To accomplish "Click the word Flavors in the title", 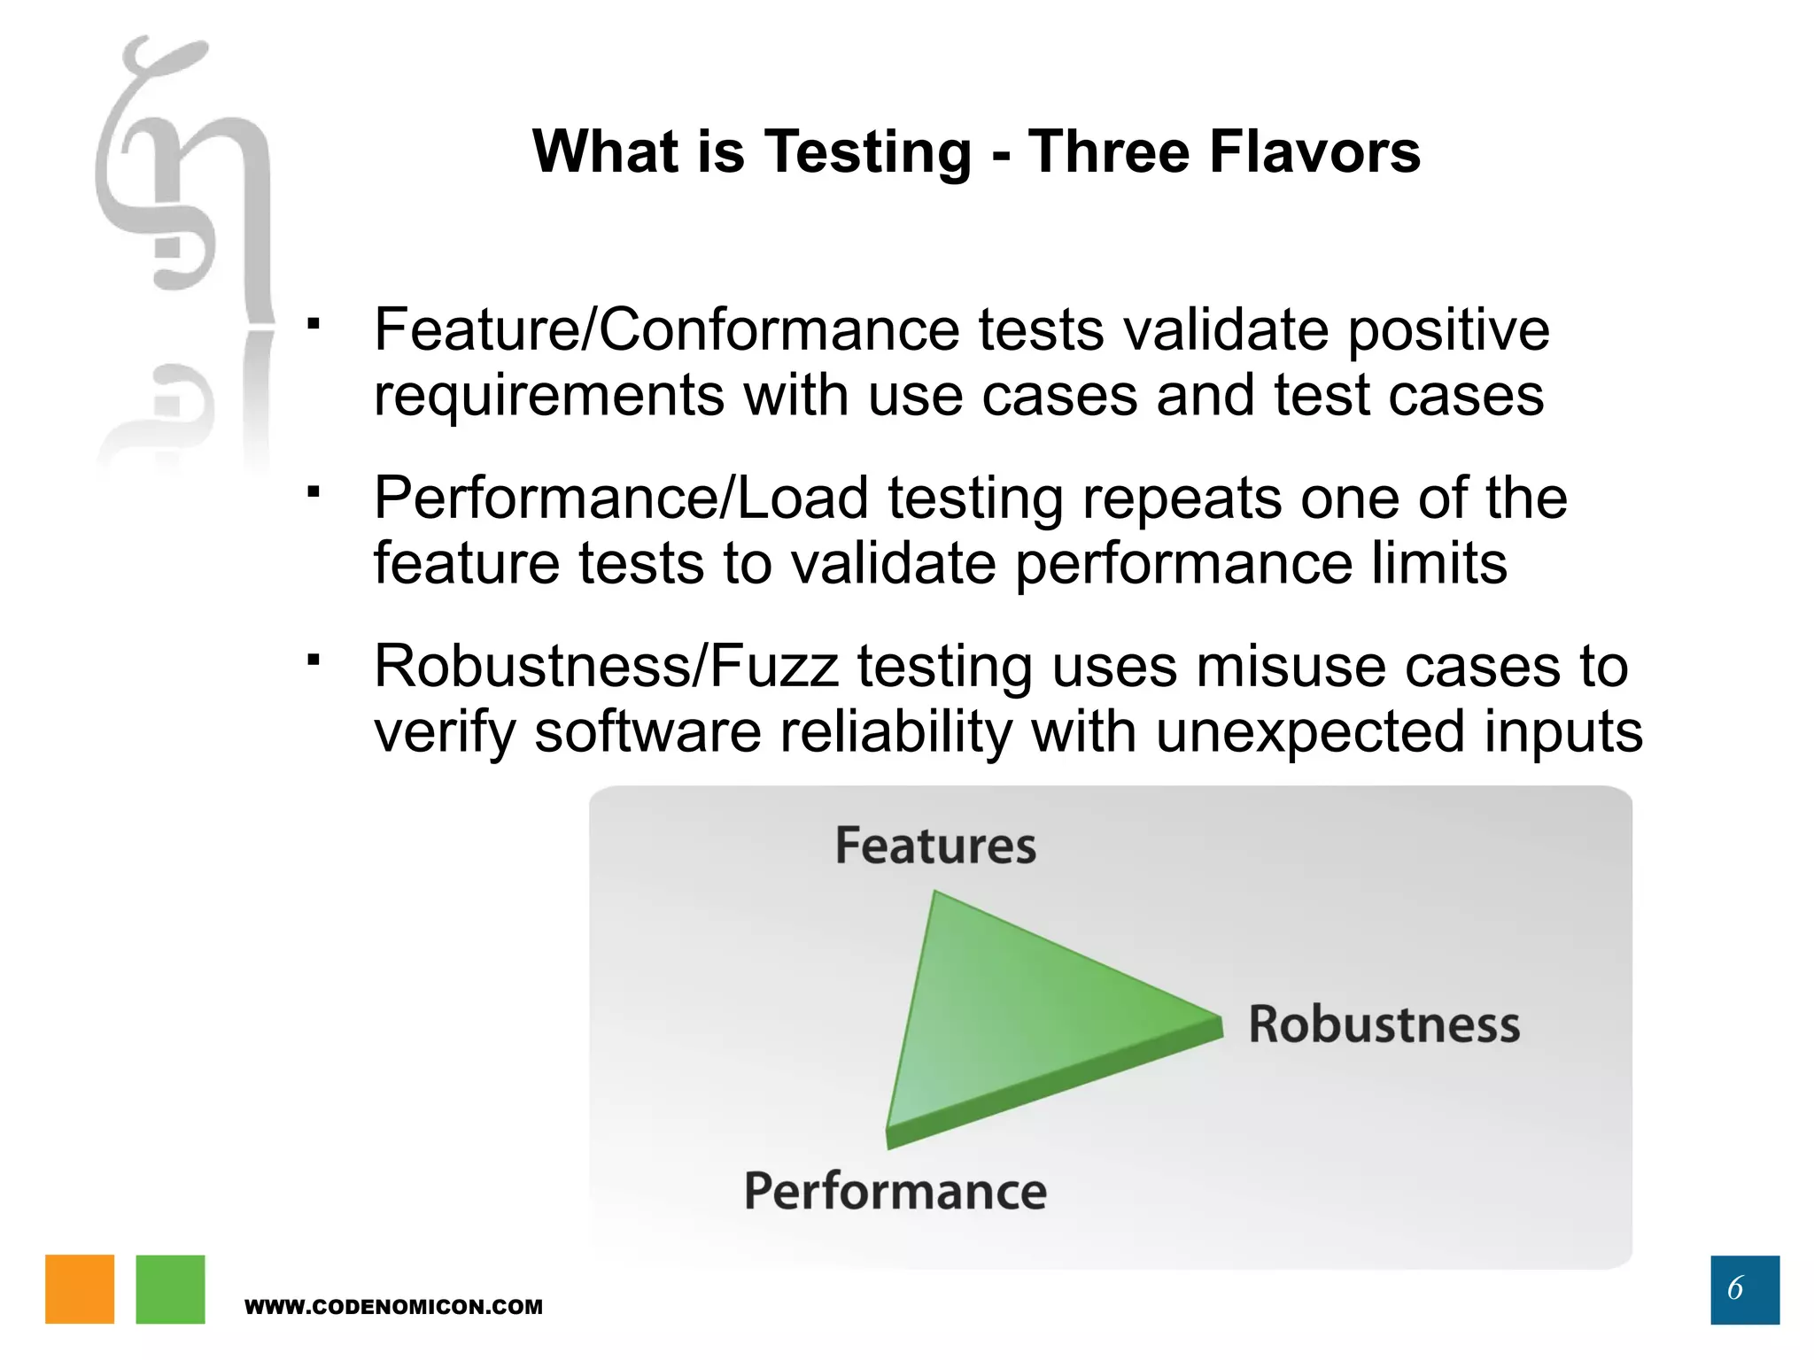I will pos(1314,151).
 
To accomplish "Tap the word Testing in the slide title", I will pos(868,153).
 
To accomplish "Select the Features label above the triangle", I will pos(935,846).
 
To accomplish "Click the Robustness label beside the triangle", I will pos(1384,1024).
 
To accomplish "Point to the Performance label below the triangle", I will pos(895,1191).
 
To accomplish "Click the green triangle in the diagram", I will pos(1019,1018).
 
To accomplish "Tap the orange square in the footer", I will pos(80,1289).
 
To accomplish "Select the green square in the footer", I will pos(170,1289).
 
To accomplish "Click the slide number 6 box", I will pos(1744,1289).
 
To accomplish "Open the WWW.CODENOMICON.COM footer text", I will pos(393,1307).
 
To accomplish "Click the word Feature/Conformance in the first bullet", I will pos(666,330).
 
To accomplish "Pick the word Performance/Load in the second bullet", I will pos(620,498).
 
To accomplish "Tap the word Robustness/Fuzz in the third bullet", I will pos(606,666).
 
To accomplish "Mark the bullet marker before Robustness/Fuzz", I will pos(313,659).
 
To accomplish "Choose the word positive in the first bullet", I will pos(1448,330).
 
